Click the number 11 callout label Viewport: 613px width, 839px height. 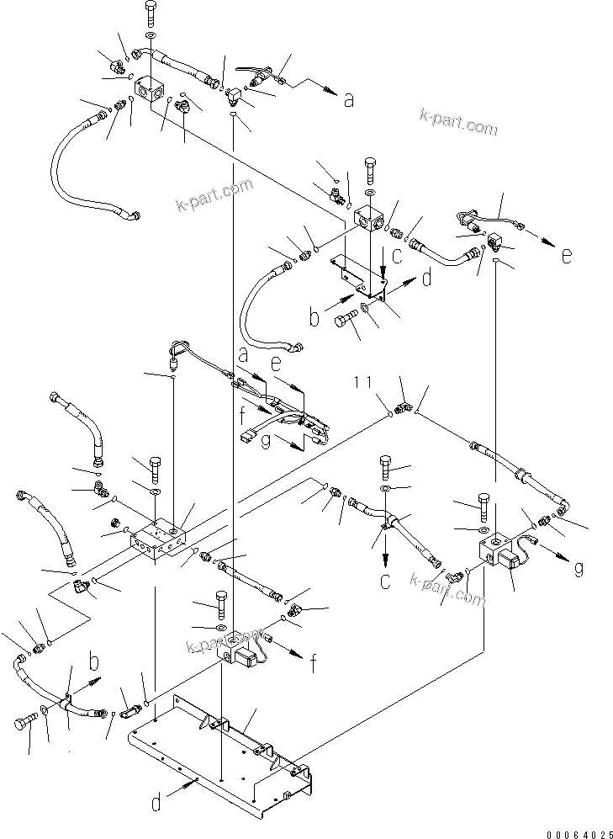(x=363, y=383)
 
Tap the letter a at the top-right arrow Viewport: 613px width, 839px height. (x=348, y=100)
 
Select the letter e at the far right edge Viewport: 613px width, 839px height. (x=567, y=256)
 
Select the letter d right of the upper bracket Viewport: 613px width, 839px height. (x=426, y=277)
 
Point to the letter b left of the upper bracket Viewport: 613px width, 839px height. (x=314, y=319)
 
